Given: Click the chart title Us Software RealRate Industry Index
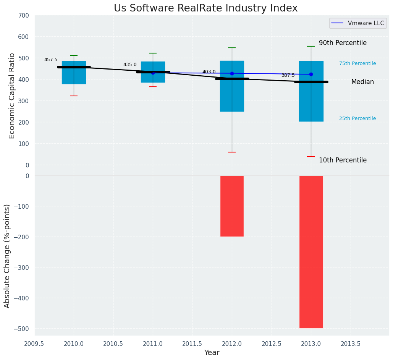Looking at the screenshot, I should point(205,8).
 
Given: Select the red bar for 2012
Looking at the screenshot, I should point(232,206).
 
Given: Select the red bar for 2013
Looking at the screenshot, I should point(311,252).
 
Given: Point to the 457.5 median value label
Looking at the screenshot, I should point(51,60).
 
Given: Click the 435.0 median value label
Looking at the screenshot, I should point(130,65).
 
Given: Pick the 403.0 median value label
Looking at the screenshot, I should point(209,72).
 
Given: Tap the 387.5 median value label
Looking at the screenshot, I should point(288,75).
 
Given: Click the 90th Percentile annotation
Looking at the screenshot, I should point(343,43).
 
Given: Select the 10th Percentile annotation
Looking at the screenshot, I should point(343,161).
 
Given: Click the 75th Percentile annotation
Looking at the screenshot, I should point(357,63).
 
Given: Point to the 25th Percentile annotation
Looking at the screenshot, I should point(357,118).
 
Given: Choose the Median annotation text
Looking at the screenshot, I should point(362,82).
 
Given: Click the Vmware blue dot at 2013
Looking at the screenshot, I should point(311,75).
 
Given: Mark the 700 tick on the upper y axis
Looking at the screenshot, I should point(23,16).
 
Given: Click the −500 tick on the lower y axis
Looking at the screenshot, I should point(21,329).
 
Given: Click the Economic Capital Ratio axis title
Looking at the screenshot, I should point(12,96).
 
